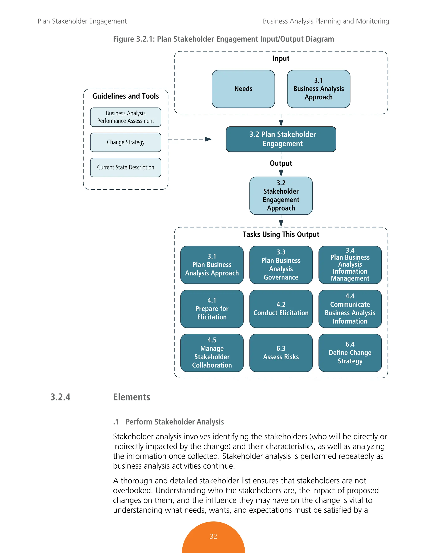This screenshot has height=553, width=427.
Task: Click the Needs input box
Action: pyautogui.click(x=243, y=89)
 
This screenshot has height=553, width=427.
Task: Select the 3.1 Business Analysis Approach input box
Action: pyautogui.click(x=319, y=89)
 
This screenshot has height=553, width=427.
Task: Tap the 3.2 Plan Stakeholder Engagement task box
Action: pyautogui.click(x=281, y=139)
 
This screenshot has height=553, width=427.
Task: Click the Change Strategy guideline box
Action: pyautogui.click(x=126, y=142)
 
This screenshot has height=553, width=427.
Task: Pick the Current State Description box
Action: pyautogui.click(x=126, y=167)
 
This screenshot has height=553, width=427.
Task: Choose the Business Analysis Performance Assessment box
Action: pyautogui.click(x=126, y=117)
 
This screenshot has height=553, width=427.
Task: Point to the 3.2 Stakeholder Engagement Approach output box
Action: pyautogui.click(x=281, y=196)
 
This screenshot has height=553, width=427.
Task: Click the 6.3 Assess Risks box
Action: pyautogui.click(x=281, y=353)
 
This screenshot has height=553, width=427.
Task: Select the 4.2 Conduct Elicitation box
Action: pyautogui.click(x=281, y=309)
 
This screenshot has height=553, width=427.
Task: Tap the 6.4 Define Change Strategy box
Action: pyautogui.click(x=350, y=353)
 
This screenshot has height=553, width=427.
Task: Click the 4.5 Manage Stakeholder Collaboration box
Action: pyautogui.click(x=212, y=353)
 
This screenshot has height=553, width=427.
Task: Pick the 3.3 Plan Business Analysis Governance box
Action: pyautogui.click(x=281, y=265)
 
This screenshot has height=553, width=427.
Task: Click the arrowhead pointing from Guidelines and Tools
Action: pyautogui.click(x=208, y=139)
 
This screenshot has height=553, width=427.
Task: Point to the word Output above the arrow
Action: pyautogui.click(x=281, y=163)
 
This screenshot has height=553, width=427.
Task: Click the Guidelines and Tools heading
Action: pyautogui.click(x=126, y=96)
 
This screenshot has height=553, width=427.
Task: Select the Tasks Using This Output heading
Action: pyautogui.click(x=281, y=234)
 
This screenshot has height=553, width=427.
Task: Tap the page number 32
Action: pyautogui.click(x=213, y=536)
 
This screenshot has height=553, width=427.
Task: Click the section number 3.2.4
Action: pyautogui.click(x=60, y=397)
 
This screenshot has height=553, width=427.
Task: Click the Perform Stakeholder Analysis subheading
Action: pyautogui.click(x=175, y=422)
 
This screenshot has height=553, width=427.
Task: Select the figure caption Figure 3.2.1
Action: pyautogui.click(x=223, y=39)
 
